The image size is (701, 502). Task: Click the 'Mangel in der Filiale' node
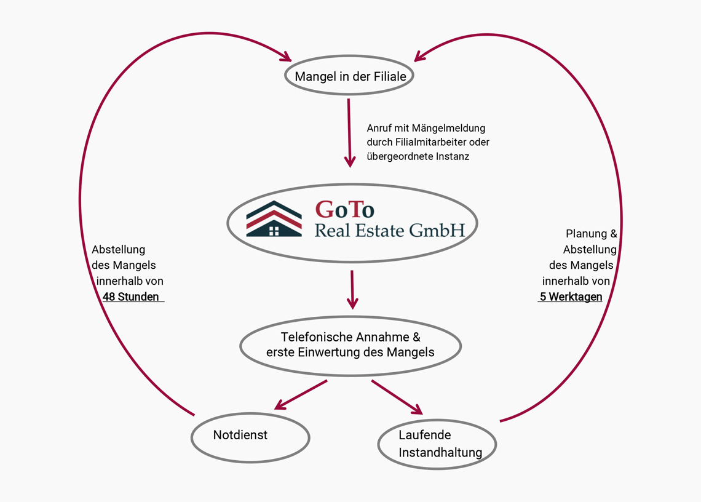[x=349, y=76]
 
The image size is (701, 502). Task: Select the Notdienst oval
[x=250, y=437]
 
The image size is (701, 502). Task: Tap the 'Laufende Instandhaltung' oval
[x=437, y=444]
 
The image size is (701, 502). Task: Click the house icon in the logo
[x=274, y=219]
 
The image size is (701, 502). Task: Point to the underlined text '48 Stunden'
[x=131, y=297]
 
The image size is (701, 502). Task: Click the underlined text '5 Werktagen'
[x=571, y=297]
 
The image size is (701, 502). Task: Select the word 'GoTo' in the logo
[x=344, y=210]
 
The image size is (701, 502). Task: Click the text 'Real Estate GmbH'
[x=390, y=231]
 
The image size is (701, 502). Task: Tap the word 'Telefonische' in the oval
[x=317, y=337]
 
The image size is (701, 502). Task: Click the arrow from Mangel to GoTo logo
[x=349, y=132]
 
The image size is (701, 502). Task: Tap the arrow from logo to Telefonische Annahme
[x=352, y=289]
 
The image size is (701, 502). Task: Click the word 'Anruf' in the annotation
[x=380, y=128]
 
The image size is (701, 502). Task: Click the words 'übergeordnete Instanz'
[x=418, y=156]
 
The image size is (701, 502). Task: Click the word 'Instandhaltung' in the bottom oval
[x=440, y=453]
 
